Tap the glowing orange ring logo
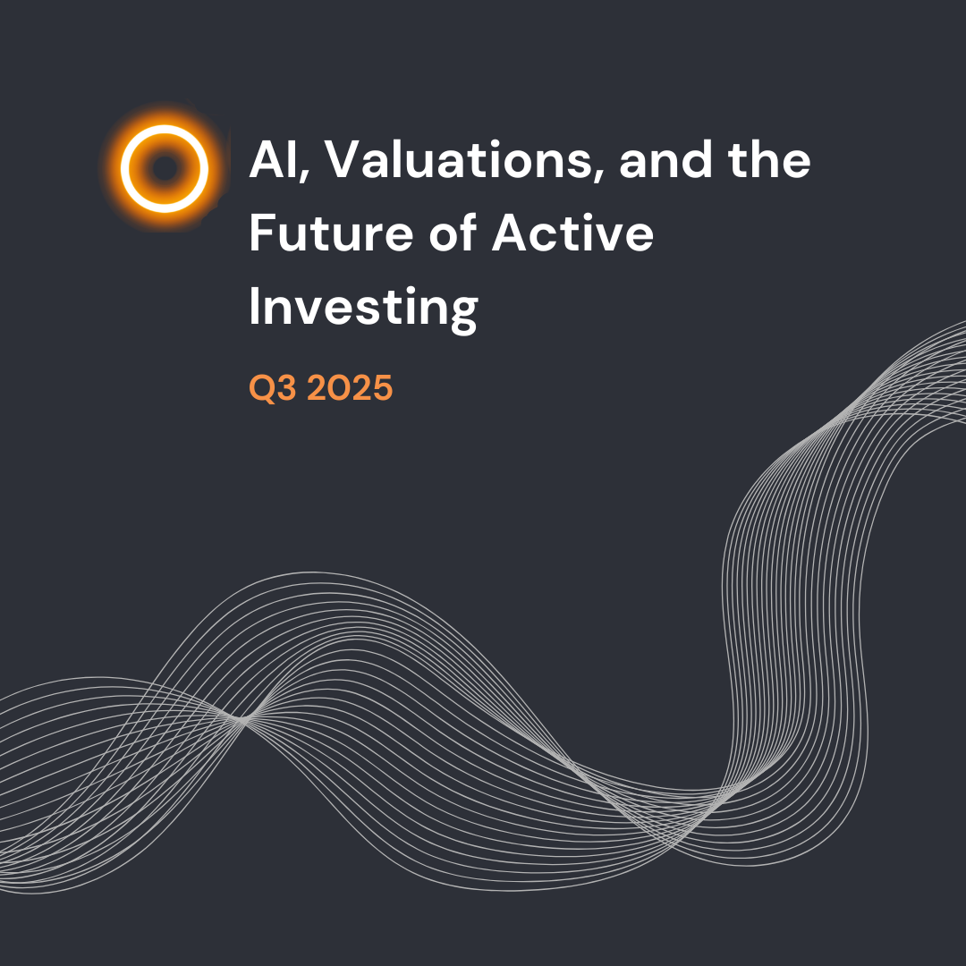pyautogui.click(x=165, y=168)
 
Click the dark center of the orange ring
pyautogui.click(x=165, y=168)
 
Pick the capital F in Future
pyautogui.click(x=261, y=235)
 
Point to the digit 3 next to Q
pyautogui.click(x=287, y=389)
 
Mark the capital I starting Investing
pyautogui.click(x=255, y=306)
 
